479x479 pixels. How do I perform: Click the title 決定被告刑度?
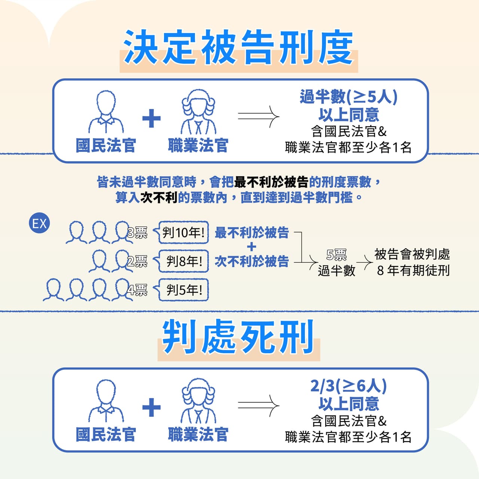239,47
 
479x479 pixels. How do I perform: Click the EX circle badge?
39,223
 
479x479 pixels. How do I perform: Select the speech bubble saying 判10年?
181,232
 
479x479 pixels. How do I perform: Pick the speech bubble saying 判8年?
181,261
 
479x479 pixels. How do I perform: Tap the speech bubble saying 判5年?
181,290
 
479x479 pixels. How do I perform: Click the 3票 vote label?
137,233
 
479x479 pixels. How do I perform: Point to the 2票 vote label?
137,261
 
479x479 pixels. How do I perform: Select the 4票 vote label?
137,290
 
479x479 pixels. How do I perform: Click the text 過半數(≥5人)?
348,97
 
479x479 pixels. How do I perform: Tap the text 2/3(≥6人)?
348,386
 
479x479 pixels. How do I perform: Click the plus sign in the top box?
152,118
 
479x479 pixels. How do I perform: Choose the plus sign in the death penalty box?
152,408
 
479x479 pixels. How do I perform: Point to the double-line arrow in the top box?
259,117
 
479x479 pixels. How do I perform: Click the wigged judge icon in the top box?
198,112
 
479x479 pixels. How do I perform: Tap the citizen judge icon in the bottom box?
106,401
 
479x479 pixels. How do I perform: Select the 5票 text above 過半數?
336,254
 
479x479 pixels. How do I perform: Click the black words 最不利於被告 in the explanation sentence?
271,182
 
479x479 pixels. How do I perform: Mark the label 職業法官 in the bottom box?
198,434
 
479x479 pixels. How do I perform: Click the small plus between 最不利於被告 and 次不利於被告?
251,247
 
